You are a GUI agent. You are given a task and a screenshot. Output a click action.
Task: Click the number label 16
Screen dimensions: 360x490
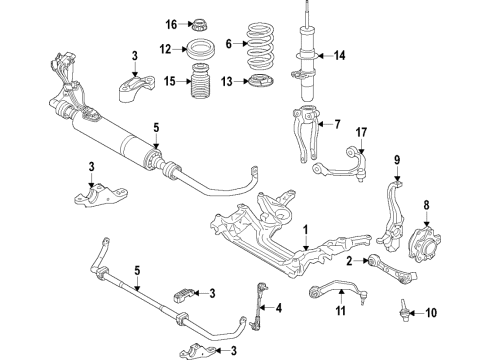[x=171, y=24]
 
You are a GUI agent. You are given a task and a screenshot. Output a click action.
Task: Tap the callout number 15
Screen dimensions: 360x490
[x=171, y=80]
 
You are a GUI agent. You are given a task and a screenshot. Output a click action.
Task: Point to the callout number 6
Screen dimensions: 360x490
[x=228, y=45]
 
